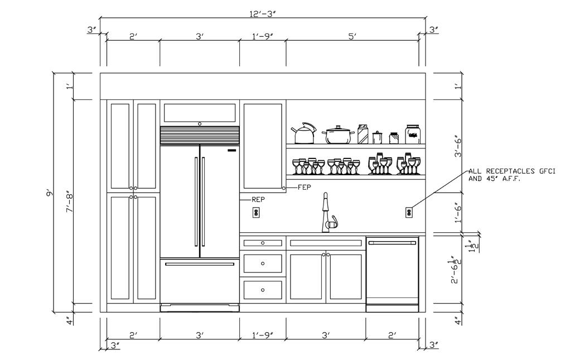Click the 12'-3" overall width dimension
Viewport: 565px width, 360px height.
[263, 12]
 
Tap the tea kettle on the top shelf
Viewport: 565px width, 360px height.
[304, 133]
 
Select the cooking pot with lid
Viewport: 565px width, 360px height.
[338, 135]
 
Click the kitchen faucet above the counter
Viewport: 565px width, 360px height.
[327, 214]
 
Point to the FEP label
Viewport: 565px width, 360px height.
[304, 187]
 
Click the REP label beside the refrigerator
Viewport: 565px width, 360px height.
[258, 199]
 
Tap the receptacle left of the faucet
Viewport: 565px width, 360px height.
[256, 212]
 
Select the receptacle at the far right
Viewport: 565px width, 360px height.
[409, 212]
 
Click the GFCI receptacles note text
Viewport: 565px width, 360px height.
[511, 175]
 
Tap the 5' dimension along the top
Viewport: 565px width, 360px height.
[352, 36]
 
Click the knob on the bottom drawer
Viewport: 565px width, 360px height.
[263, 289]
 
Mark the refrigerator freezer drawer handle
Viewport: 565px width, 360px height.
[199, 264]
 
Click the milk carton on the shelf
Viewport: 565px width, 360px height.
[363, 134]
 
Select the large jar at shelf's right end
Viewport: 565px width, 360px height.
[412, 134]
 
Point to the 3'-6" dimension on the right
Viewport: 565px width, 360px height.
[457, 146]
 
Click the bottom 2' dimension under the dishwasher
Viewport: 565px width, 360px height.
[392, 335]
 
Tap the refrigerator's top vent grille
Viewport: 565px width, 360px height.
[200, 135]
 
